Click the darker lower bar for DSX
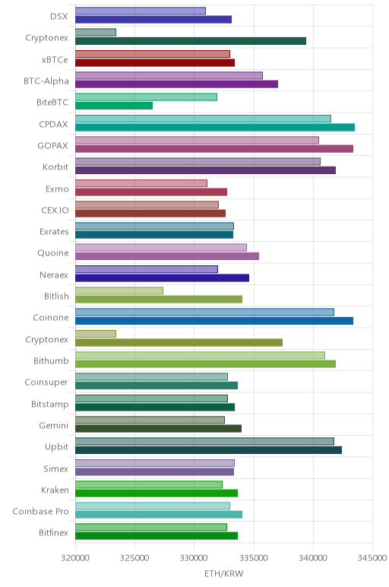[153, 20]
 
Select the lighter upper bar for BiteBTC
[146, 97]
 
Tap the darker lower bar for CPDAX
[215, 127]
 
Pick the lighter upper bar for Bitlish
[119, 290]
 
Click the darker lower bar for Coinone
[214, 321]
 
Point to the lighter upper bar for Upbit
[204, 441]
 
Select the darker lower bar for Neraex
[162, 278]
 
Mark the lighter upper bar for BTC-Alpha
[169, 75]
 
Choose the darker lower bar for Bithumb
[205, 364]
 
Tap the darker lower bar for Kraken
[157, 493]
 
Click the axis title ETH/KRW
[223, 573]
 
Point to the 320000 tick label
[75, 558]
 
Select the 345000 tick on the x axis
[372, 558]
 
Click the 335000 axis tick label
[254, 558]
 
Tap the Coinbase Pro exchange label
[40, 512]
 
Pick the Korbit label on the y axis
[55, 167]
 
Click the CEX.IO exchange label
[55, 210]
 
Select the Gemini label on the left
[54, 425]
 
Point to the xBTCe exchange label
[55, 59]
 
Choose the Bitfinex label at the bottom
[53, 532]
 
